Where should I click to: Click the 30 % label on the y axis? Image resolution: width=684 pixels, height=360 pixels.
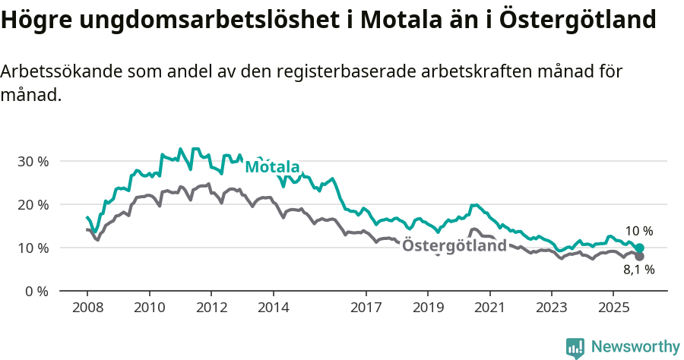(x=33, y=161)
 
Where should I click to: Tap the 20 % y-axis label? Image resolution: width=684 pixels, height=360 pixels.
(x=33, y=204)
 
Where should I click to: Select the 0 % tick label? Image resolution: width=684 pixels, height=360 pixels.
(x=36, y=291)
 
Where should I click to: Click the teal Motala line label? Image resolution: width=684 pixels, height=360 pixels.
(x=272, y=167)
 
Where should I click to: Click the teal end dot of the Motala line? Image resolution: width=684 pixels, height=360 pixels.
(x=639, y=248)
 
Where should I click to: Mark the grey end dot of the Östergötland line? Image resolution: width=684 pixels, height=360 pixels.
(x=639, y=256)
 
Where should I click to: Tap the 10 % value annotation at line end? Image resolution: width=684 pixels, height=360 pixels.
(x=638, y=232)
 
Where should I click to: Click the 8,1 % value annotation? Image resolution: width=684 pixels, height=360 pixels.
(x=638, y=270)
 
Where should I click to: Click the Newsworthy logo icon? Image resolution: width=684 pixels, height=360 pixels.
(x=575, y=347)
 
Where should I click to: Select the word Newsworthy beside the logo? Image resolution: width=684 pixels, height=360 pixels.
(x=635, y=347)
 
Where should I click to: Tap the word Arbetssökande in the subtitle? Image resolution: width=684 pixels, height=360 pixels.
(x=62, y=72)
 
